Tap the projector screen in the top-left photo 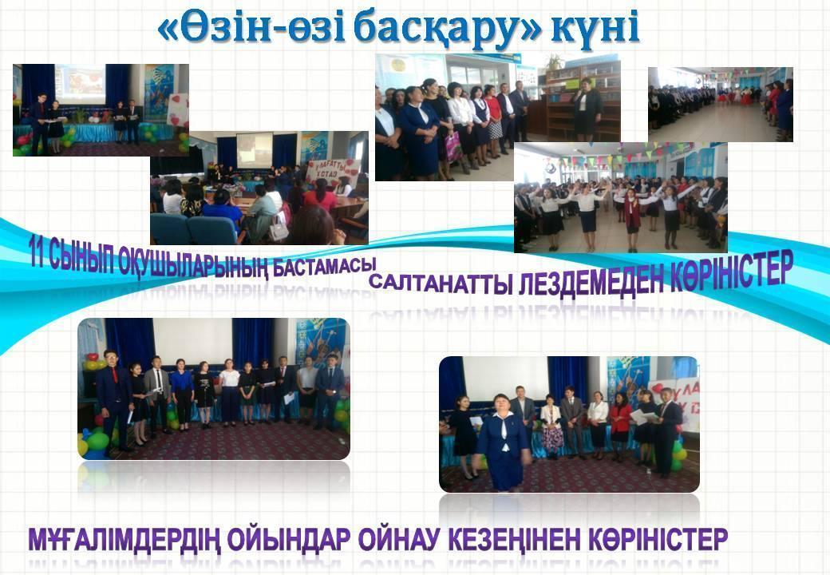pos(80,85)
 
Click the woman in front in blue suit pos(504,442)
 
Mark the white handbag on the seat pos(278,228)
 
